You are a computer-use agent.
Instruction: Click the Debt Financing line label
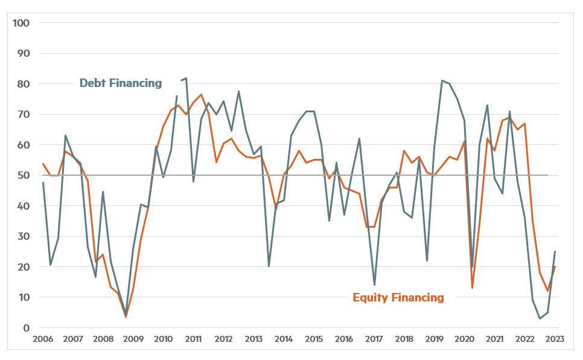pos(121,83)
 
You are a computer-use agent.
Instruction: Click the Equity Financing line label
pos(398,297)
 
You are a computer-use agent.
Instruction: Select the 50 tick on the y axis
pos(24,175)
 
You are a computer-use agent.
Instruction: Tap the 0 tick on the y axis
pos(27,328)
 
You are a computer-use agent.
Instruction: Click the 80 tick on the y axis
pos(24,84)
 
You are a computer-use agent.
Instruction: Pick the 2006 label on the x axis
pos(43,339)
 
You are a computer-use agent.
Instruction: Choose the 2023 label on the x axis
pos(555,339)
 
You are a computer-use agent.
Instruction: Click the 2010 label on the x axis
pos(164,339)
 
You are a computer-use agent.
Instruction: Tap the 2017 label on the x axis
pos(374,339)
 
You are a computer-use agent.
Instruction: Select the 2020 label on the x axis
pos(465,339)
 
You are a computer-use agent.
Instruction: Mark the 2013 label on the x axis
pos(253,339)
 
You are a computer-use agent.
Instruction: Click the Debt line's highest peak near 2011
pos(186,78)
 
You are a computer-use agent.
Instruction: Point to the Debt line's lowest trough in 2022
pos(540,318)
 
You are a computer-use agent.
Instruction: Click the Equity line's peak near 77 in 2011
pos(201,94)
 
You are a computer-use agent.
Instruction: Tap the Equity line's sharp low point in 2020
pos(472,288)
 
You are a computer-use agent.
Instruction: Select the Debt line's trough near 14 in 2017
pos(374,285)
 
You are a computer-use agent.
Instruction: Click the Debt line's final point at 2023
pos(555,251)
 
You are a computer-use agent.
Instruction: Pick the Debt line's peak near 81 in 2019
pos(442,80)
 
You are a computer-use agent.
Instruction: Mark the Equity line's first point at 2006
pos(43,164)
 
